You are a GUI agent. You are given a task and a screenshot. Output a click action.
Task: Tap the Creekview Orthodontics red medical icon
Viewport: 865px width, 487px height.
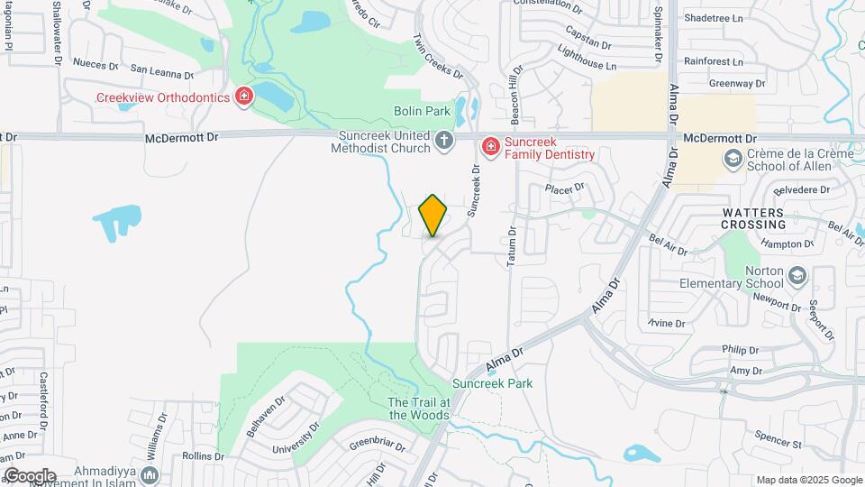pyautogui.click(x=243, y=96)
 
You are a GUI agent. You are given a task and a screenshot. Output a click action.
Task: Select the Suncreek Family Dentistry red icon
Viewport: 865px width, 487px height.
pyautogui.click(x=490, y=146)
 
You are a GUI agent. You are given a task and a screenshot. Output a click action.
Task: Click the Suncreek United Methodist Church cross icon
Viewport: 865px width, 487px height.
pyautogui.click(x=444, y=141)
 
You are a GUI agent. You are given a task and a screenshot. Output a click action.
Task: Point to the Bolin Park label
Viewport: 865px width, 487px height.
pyautogui.click(x=422, y=111)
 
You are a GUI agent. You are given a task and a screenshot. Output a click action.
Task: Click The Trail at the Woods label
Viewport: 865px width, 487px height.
pyautogui.click(x=418, y=409)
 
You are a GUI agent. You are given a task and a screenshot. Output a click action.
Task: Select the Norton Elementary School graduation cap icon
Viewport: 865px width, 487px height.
pyautogui.click(x=797, y=275)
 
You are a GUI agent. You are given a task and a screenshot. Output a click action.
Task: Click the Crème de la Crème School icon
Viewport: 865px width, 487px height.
pyautogui.click(x=733, y=159)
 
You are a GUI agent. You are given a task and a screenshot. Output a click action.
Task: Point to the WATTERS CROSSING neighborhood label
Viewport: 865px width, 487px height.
pyautogui.click(x=754, y=217)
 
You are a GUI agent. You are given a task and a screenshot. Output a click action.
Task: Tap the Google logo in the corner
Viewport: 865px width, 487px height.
pyautogui.click(x=30, y=475)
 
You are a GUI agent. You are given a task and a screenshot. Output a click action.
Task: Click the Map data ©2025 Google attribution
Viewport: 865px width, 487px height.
pyautogui.click(x=809, y=480)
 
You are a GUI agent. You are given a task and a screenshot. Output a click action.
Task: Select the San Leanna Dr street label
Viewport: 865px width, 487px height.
pyautogui.click(x=162, y=71)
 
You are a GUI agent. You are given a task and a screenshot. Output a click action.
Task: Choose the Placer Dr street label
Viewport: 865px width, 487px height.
pyautogui.click(x=565, y=188)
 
